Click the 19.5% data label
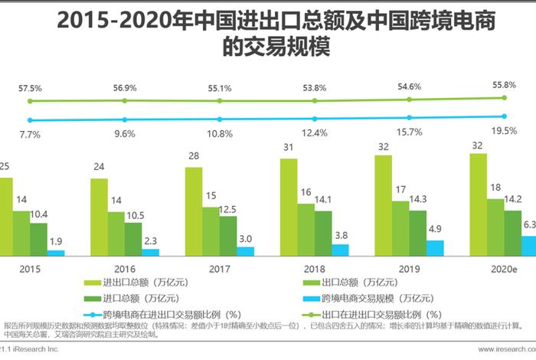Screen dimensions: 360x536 (503, 132)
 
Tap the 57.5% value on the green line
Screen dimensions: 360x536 (30, 88)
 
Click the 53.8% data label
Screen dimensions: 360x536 (313, 87)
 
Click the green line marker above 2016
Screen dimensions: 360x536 (124, 100)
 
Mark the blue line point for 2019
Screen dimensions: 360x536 (409, 117)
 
